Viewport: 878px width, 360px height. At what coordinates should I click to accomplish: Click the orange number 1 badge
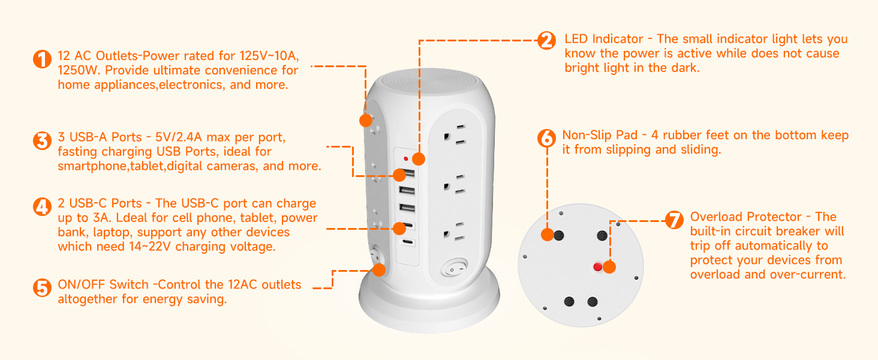[x=42, y=59]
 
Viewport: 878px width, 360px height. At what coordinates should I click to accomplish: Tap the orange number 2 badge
[x=546, y=41]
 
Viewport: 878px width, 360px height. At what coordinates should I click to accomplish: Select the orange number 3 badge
[x=42, y=141]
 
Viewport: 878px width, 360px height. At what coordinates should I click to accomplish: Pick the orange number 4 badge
[x=42, y=207]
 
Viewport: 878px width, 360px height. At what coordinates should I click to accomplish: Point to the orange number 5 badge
[x=42, y=288]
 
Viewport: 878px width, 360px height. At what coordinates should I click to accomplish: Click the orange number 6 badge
[x=546, y=138]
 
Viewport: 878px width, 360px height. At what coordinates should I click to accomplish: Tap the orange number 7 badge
[x=674, y=220]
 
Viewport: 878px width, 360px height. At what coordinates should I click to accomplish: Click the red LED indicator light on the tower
[x=406, y=159]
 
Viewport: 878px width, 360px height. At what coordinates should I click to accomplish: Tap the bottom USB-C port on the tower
[x=407, y=242]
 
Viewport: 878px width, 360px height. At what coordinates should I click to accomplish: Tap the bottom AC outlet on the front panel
[x=455, y=232]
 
